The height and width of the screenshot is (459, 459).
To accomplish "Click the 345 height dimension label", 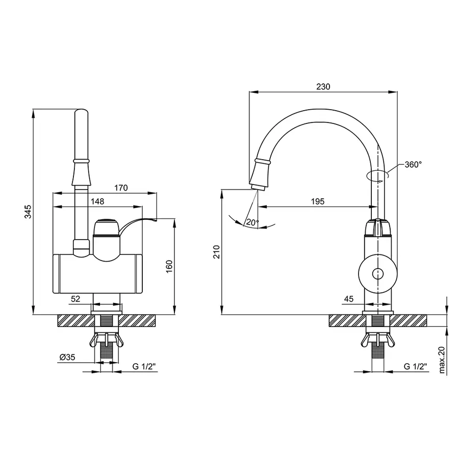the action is [x=28, y=212].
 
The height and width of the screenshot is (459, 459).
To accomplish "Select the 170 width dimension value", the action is [x=121, y=188].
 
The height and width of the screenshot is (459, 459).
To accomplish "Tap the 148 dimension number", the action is [x=97, y=201].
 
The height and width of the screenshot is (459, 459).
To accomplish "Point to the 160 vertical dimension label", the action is [x=169, y=266].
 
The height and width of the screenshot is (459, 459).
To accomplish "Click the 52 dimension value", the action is [x=75, y=299].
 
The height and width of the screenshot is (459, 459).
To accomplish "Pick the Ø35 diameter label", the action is [x=67, y=357].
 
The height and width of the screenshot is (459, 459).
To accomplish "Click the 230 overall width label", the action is [x=323, y=87].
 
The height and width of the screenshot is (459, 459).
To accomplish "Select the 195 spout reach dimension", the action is [x=318, y=201].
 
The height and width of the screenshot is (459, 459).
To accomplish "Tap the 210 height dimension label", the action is [x=216, y=252].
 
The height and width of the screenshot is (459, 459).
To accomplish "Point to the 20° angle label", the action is [x=252, y=222].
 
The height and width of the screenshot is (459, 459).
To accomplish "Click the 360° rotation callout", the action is [x=413, y=165].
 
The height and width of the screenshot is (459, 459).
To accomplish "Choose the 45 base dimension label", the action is [x=349, y=299].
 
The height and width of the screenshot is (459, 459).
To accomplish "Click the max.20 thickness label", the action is [x=442, y=360].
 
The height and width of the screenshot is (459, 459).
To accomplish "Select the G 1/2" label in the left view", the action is [x=144, y=366].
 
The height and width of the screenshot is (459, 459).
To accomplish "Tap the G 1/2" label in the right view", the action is [x=415, y=366].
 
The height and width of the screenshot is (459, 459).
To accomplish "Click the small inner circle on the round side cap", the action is [x=377, y=274].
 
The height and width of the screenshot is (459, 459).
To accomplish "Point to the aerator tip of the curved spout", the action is [x=258, y=187].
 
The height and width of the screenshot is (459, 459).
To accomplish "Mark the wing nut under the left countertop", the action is [x=107, y=340].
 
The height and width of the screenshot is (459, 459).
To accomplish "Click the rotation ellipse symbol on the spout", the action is [x=377, y=175].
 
